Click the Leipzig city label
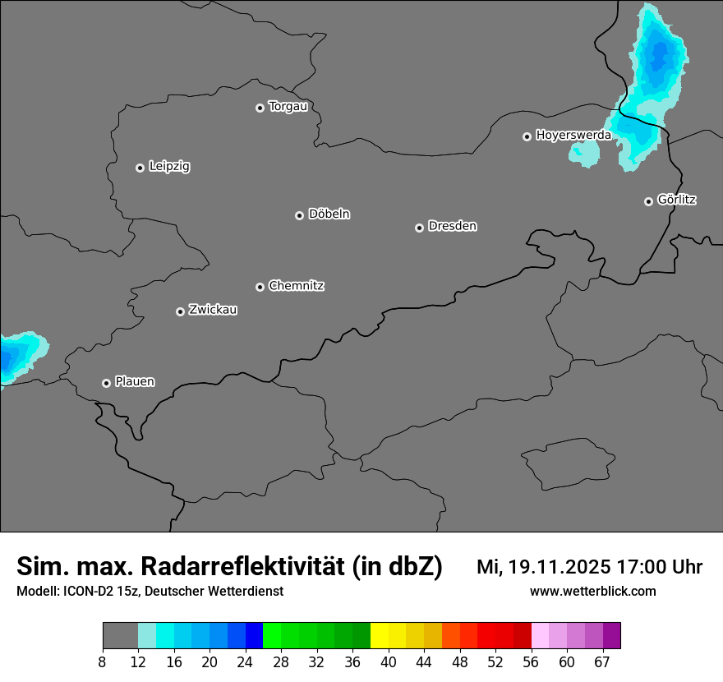click(x=169, y=167)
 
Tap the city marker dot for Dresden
click(x=419, y=228)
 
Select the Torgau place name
click(x=288, y=107)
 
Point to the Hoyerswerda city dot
click(x=527, y=136)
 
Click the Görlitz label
click(x=677, y=200)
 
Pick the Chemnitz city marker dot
click(x=260, y=287)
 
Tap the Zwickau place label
click(x=213, y=310)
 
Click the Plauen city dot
click(x=106, y=383)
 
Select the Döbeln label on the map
click(x=329, y=214)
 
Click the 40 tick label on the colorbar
click(x=389, y=662)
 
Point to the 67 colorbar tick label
click(x=602, y=662)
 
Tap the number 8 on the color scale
click(x=103, y=662)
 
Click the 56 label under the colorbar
click(x=532, y=662)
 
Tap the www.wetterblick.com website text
click(x=592, y=592)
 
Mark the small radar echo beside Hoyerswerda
click(x=585, y=153)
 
